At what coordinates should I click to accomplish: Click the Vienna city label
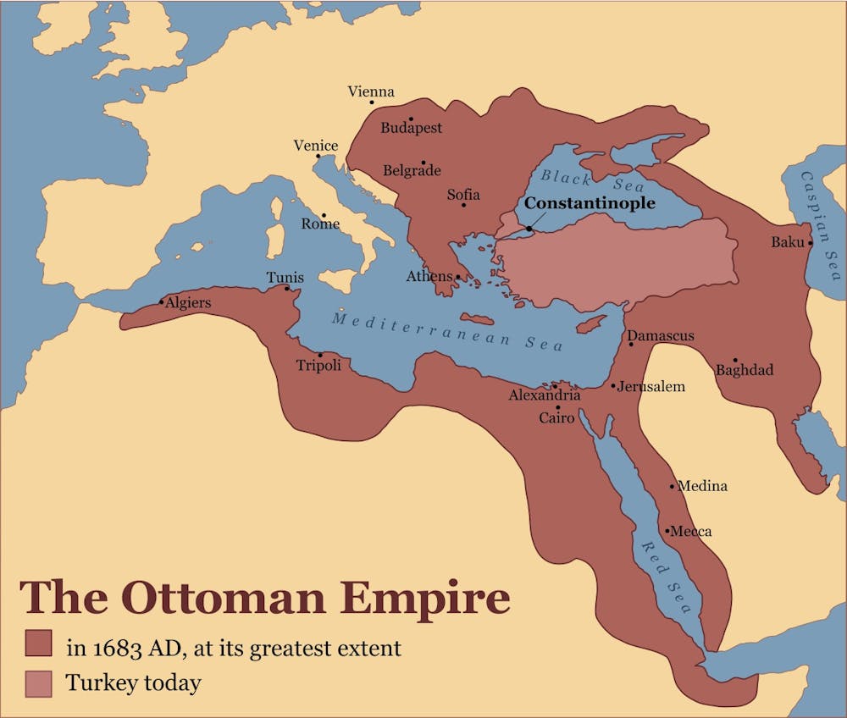pyautogui.click(x=371, y=91)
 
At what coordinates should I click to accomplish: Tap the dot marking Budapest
pyautogui.click(x=411, y=119)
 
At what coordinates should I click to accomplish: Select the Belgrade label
pyautogui.click(x=412, y=170)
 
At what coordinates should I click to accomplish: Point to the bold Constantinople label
pyautogui.click(x=589, y=204)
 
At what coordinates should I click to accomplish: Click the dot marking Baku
pyautogui.click(x=811, y=243)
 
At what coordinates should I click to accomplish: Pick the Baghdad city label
pyautogui.click(x=745, y=370)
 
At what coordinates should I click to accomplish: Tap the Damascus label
pyautogui.click(x=661, y=336)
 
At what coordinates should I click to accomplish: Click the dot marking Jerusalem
pyautogui.click(x=614, y=386)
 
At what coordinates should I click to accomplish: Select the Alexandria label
pyautogui.click(x=545, y=395)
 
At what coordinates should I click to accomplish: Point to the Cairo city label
pyautogui.click(x=556, y=417)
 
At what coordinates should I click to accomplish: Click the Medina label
pyautogui.click(x=703, y=486)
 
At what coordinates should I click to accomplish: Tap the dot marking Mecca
pyautogui.click(x=667, y=532)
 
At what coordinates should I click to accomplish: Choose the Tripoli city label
pyautogui.click(x=318, y=366)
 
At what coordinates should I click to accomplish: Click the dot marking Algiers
pyautogui.click(x=162, y=301)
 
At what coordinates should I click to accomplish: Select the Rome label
pyautogui.click(x=320, y=224)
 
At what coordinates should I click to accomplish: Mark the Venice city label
pyautogui.click(x=315, y=146)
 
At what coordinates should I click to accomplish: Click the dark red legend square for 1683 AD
pyautogui.click(x=38, y=643)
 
